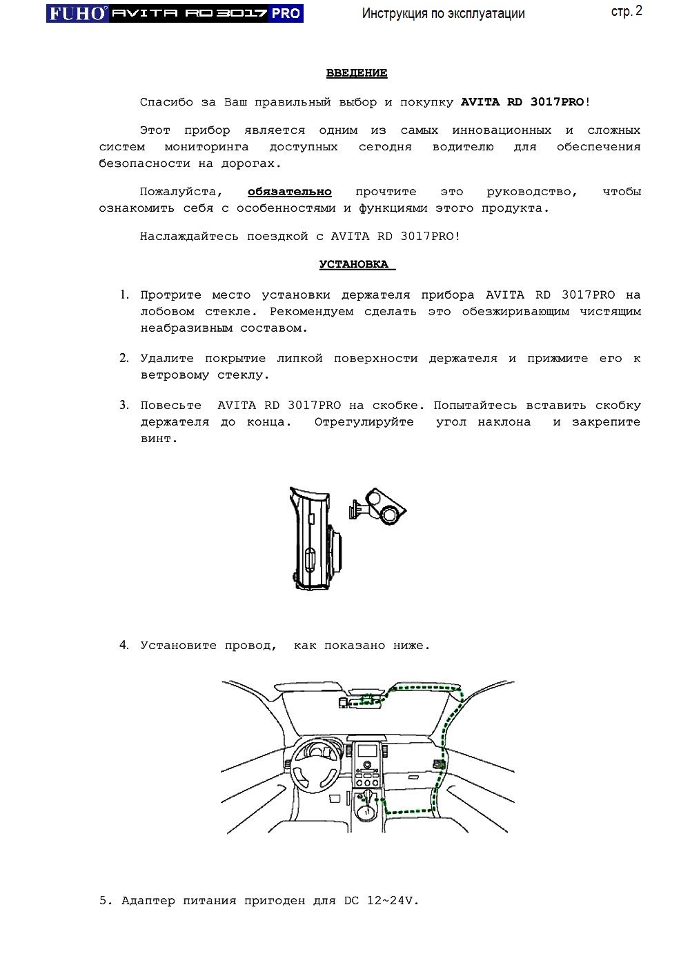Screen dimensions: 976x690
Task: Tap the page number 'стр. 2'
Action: pyautogui.click(x=627, y=11)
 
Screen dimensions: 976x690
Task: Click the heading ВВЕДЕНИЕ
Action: pyautogui.click(x=357, y=73)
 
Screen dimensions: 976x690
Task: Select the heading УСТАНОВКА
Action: pyautogui.click(x=356, y=265)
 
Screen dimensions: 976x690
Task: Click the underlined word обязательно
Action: pyautogui.click(x=290, y=192)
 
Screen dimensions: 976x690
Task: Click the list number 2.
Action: pyautogui.click(x=124, y=358)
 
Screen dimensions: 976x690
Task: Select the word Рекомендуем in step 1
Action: pyautogui.click(x=311, y=312)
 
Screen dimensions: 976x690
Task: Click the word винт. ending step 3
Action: pyautogui.click(x=159, y=439)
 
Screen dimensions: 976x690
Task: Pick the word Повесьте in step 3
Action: pyautogui.click(x=171, y=406)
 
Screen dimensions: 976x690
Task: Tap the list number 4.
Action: pyautogui.click(x=124, y=646)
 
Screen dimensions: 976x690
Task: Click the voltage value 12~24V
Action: pyautogui.click(x=393, y=901)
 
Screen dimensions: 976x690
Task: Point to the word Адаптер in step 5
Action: pyautogui.click(x=148, y=901)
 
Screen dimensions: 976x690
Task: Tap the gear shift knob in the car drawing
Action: pyautogui.click(x=366, y=806)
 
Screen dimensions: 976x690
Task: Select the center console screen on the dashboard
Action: pyautogui.click(x=367, y=751)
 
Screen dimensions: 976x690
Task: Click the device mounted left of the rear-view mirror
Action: pyautogui.click(x=343, y=702)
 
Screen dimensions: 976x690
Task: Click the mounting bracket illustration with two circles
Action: pyautogui.click(x=379, y=507)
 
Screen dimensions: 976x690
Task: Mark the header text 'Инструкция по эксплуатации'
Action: pyautogui.click(x=443, y=13)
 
